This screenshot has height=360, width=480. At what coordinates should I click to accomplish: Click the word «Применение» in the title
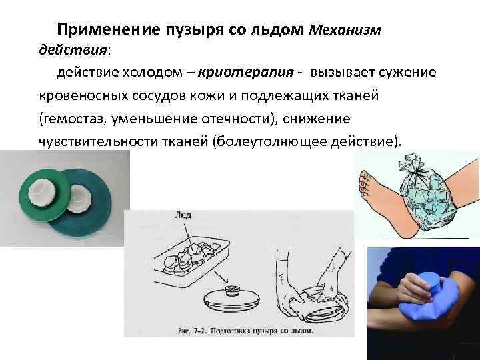(x=109, y=30)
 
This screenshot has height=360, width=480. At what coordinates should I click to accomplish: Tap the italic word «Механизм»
(x=345, y=30)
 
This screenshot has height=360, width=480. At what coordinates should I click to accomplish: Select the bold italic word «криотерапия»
(x=246, y=73)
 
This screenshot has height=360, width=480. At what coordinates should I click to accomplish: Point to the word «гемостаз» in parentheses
(x=73, y=119)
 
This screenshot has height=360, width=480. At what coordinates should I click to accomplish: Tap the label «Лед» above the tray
(x=183, y=215)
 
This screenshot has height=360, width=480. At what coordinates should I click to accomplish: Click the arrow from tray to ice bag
(x=221, y=277)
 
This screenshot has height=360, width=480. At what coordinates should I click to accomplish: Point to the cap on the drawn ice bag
(x=233, y=290)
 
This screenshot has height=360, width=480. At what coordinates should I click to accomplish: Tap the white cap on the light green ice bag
(x=41, y=193)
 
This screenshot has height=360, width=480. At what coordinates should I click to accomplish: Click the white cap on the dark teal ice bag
(x=79, y=199)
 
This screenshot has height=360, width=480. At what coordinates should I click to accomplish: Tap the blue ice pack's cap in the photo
(x=431, y=283)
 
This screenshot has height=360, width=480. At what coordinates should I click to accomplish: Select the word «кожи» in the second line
(x=207, y=96)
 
